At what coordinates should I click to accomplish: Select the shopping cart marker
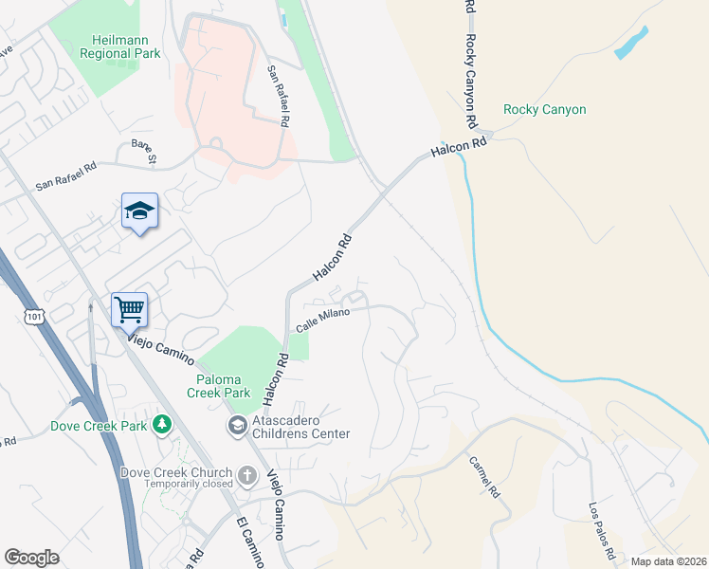tap(129, 308)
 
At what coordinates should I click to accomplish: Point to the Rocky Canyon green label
tap(544, 110)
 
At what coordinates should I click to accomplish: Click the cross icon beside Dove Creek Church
tap(247, 474)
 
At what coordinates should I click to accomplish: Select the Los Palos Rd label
tap(604, 528)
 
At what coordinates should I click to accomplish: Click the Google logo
tap(32, 558)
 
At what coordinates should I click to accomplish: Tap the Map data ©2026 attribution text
tap(667, 561)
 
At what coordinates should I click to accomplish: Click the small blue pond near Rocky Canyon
tap(632, 44)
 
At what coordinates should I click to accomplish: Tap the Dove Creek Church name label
tap(176, 473)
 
